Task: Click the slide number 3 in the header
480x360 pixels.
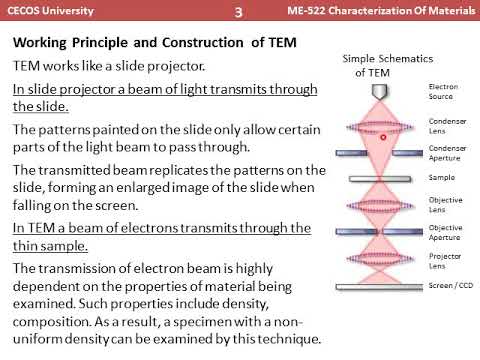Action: click(x=238, y=13)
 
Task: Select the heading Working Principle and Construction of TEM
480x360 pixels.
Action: click(x=168, y=44)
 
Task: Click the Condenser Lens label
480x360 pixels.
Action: click(x=443, y=127)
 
